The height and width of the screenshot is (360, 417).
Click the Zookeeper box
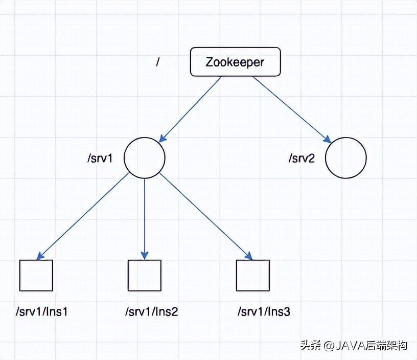click(235, 62)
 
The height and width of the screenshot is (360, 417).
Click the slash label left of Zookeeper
click(158, 62)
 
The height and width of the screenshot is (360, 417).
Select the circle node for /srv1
click(145, 157)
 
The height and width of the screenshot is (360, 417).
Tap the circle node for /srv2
click(346, 157)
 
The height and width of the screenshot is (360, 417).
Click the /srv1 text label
click(100, 157)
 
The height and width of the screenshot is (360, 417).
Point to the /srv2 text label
click(302, 157)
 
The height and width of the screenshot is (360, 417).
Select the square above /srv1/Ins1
click(36, 276)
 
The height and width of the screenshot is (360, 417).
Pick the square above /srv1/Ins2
click(144, 276)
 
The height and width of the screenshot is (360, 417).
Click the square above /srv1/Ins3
click(253, 276)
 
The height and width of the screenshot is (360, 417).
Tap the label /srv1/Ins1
click(41, 311)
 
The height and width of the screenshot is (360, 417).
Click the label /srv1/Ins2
click(152, 311)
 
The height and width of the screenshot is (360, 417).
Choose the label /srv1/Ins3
click(264, 311)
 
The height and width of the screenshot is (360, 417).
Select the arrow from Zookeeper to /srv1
click(191, 108)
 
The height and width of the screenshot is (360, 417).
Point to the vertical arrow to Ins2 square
click(145, 217)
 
